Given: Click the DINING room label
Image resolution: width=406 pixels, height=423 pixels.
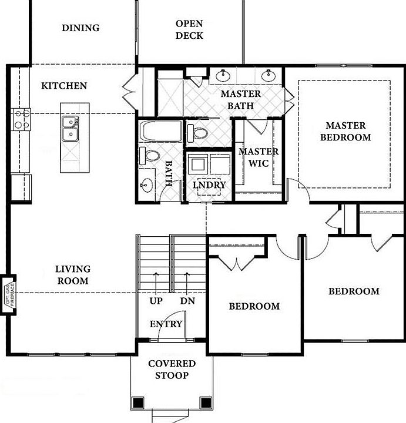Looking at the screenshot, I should (x=80, y=28).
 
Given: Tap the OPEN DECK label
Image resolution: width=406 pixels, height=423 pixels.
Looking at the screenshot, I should (x=189, y=29).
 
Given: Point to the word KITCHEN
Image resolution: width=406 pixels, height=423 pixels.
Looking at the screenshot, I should (x=64, y=86).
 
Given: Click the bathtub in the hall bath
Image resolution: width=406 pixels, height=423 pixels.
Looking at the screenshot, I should (x=160, y=131).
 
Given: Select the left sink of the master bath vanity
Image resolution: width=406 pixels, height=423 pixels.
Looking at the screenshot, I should (x=223, y=75).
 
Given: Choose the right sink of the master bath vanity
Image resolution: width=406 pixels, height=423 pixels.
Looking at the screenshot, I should (x=270, y=75).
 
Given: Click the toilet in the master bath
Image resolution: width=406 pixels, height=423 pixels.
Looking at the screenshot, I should (x=197, y=132).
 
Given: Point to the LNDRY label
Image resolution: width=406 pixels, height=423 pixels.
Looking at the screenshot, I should (x=209, y=184).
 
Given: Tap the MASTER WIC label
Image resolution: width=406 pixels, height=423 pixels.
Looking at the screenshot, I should (x=259, y=157).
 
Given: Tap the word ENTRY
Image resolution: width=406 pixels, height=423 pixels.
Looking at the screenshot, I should (x=166, y=324).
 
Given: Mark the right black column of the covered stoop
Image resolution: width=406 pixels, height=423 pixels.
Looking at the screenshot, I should (x=205, y=402).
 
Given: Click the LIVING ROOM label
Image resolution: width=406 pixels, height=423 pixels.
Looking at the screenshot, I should (x=73, y=275).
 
